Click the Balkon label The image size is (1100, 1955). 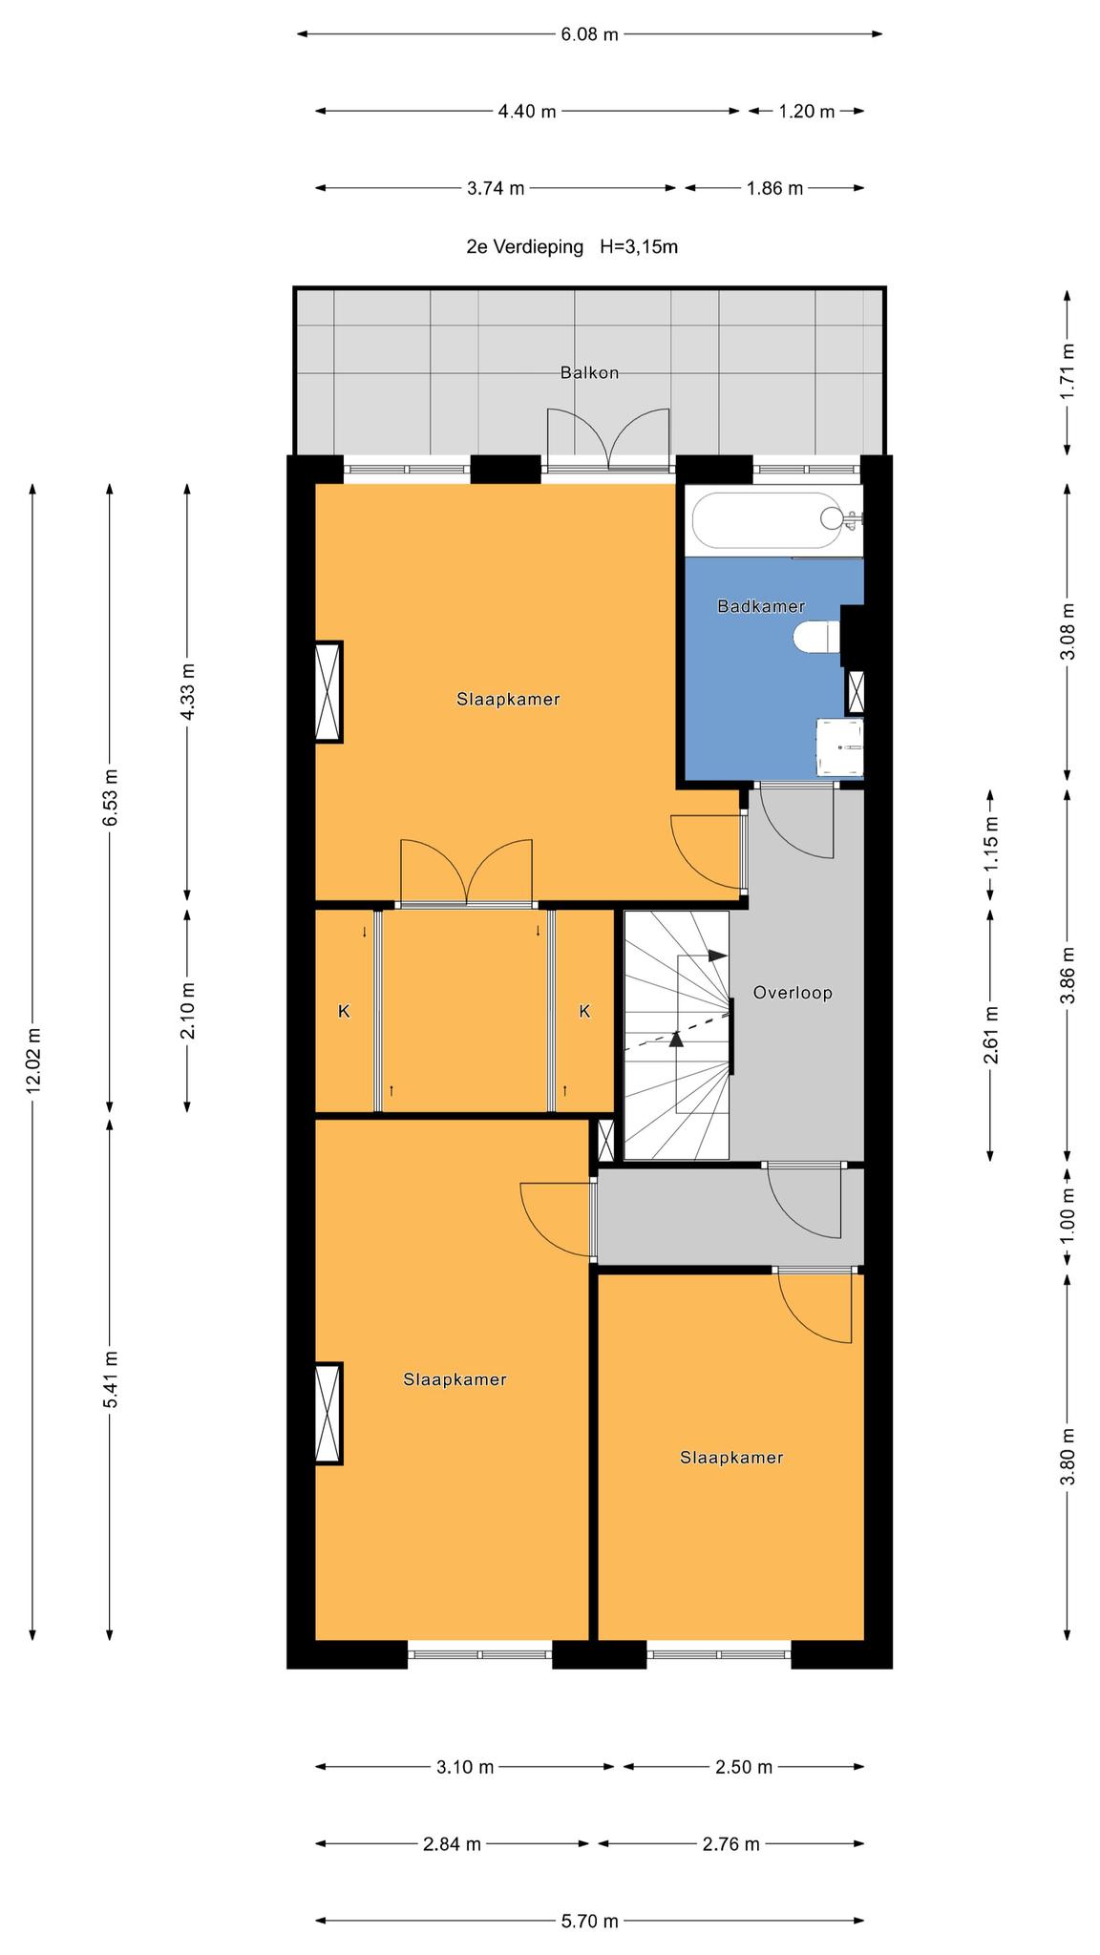589,372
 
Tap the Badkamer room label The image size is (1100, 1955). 761,606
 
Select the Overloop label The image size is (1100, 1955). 793,993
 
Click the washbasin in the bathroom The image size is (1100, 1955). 840,747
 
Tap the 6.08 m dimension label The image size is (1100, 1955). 589,35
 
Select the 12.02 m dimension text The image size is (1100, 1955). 33,1061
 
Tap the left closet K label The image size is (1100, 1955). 344,1011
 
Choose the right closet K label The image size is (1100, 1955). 584,1011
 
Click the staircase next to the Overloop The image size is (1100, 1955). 677,1036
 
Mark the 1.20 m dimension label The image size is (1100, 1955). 807,112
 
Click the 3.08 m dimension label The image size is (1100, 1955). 1068,632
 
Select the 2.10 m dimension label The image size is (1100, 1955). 187,1011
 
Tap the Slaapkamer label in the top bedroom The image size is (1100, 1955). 508,699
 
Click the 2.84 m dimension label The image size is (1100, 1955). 452,1844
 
